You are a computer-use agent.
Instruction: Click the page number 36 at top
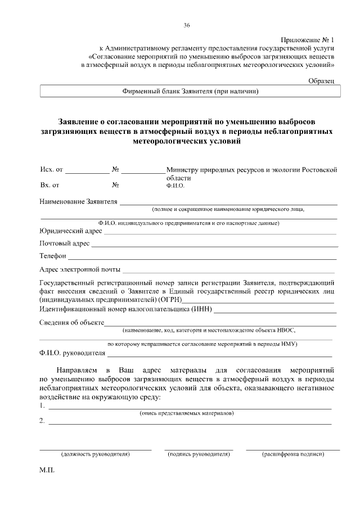[x=187, y=25]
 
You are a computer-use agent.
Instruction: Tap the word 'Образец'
[x=321, y=82]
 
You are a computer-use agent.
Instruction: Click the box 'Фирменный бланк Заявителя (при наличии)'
[x=190, y=91]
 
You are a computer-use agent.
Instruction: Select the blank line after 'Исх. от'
[x=89, y=171]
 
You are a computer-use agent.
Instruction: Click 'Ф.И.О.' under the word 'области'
[x=175, y=185]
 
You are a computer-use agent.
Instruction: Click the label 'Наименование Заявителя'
[x=78, y=201]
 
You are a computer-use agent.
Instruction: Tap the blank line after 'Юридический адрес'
[x=219, y=232]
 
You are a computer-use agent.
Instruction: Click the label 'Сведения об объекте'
[x=71, y=322]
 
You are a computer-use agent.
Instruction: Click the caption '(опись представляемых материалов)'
[x=187, y=413]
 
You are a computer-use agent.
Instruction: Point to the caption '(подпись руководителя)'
[x=199, y=454]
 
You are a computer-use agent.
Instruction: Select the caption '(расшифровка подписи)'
[x=293, y=454]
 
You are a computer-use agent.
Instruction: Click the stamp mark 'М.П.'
[x=47, y=471]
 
